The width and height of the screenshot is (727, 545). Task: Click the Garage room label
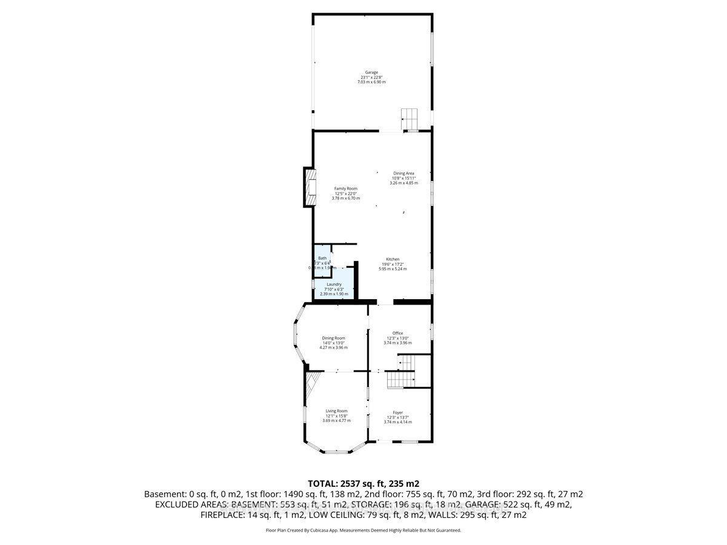[x=371, y=72]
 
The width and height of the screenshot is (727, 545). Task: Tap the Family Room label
[x=346, y=188]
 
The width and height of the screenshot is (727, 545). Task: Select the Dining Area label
[x=403, y=173]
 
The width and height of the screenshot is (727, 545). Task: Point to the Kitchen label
[x=393, y=259]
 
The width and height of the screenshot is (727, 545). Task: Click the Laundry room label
[x=334, y=284]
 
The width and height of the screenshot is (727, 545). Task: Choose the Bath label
[x=322, y=258]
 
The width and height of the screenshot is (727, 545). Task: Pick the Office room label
[x=397, y=333]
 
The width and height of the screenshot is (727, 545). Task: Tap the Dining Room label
[x=334, y=338]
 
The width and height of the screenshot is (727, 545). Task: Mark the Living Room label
[x=336, y=411]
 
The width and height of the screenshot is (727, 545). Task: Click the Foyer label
[x=397, y=412]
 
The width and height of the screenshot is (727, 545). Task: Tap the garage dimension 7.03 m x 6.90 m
[x=371, y=82]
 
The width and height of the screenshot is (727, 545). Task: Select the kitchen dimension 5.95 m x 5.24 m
[x=393, y=269]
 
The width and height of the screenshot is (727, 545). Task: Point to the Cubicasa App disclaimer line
[x=363, y=530]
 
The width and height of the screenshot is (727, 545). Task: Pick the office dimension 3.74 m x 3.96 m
[x=397, y=343]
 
